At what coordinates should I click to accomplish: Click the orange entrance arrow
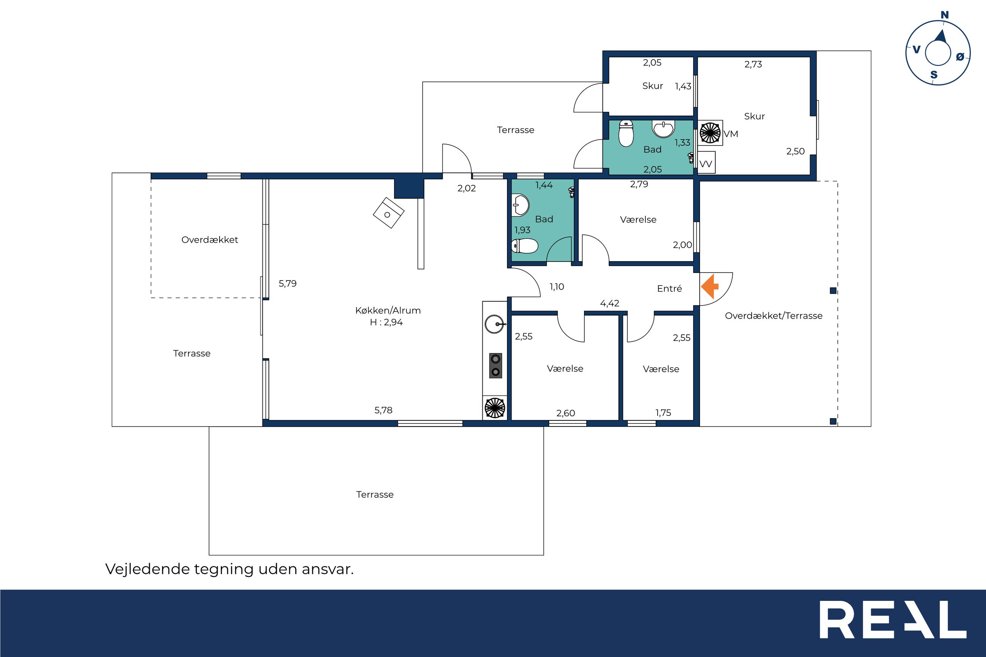tap(710, 287)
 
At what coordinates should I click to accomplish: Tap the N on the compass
tap(945, 16)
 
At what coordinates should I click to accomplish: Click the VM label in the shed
tap(731, 134)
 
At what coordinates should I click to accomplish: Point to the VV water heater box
tap(706, 163)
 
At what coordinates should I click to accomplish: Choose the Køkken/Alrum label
tap(388, 310)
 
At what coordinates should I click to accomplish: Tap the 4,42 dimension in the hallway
tap(610, 303)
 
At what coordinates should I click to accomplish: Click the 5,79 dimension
tap(288, 284)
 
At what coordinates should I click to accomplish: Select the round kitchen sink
tap(495, 324)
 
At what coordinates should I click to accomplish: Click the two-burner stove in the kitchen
tap(496, 365)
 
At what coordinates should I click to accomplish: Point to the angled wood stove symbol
tap(388, 213)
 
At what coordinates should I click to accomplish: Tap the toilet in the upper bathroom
tap(626, 133)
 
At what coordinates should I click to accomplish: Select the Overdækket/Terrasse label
tap(774, 316)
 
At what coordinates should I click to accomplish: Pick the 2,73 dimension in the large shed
tap(753, 64)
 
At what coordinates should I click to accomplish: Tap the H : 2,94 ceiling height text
tap(386, 322)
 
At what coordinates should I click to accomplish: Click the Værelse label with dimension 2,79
tap(638, 220)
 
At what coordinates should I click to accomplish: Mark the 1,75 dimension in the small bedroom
tap(663, 413)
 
